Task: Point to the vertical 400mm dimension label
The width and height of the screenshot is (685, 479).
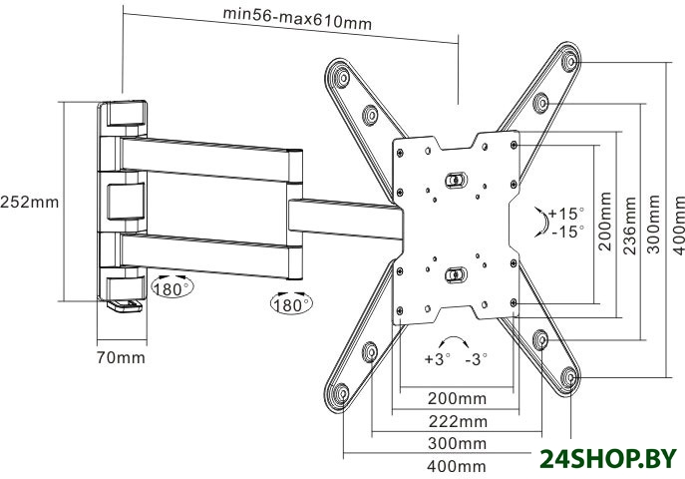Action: pyautogui.click(x=678, y=224)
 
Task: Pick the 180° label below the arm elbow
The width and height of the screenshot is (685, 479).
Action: pyautogui.click(x=290, y=301)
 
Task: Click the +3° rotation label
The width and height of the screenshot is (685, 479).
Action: pyautogui.click(x=437, y=358)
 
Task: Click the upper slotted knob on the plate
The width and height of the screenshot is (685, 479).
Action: pyautogui.click(x=455, y=180)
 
